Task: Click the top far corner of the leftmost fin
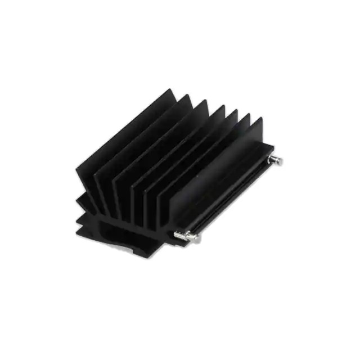click(x=171, y=90)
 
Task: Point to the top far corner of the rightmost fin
click(x=260, y=119)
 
